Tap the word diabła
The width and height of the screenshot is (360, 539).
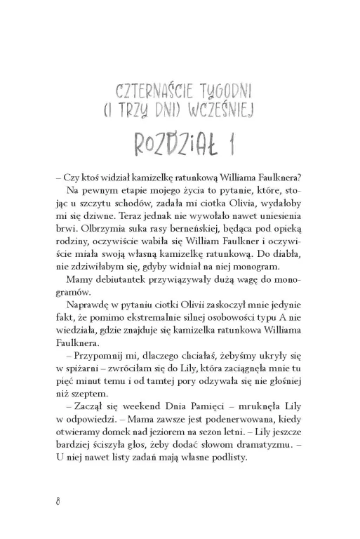click(x=291, y=245)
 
